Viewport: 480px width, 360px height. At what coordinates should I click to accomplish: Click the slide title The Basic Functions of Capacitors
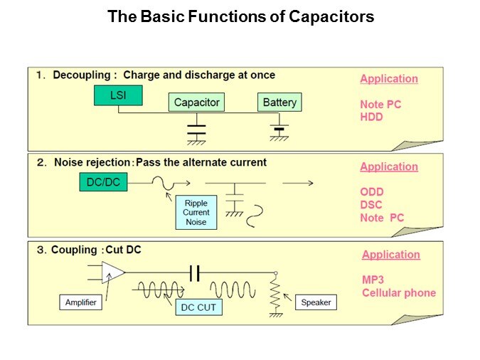(240, 16)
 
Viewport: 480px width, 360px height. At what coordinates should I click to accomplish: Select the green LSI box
(118, 95)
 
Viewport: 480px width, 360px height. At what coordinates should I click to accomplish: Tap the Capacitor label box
(197, 102)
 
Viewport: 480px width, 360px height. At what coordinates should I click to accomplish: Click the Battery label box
(279, 102)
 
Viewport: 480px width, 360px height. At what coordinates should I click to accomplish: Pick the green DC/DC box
(103, 183)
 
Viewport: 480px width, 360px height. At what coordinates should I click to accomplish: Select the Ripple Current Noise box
(196, 213)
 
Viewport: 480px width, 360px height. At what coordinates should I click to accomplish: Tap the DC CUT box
(199, 307)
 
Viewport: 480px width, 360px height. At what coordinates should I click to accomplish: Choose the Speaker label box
(316, 302)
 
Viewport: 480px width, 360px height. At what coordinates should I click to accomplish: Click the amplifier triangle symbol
(112, 272)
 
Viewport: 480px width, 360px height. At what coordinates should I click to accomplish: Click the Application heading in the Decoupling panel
(389, 79)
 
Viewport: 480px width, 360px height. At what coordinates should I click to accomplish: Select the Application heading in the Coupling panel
(391, 255)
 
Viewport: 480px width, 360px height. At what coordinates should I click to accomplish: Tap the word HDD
(371, 117)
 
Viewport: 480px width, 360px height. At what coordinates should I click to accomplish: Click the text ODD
(371, 192)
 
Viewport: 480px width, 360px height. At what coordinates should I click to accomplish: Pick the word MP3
(373, 280)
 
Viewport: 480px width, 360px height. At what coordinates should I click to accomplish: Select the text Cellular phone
(399, 292)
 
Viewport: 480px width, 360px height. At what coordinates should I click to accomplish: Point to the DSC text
(371, 205)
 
